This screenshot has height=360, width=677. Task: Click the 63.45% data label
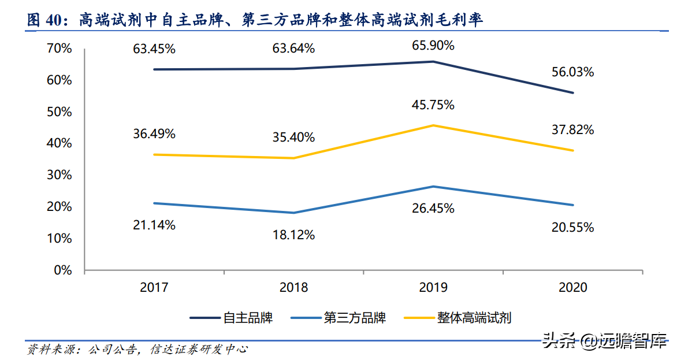[x=154, y=49]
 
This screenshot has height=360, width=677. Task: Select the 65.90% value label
[x=433, y=45]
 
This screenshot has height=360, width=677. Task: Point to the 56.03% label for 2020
[x=573, y=72]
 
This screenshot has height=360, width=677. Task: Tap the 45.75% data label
[x=433, y=105]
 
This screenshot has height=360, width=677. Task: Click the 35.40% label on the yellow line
[x=293, y=138]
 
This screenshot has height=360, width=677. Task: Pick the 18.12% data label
[x=293, y=235]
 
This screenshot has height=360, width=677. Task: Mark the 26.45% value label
[x=433, y=208]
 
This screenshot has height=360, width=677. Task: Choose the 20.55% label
[x=573, y=228]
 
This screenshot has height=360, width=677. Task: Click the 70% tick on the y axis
[x=59, y=49]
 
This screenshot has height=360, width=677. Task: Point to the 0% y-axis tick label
[x=63, y=270]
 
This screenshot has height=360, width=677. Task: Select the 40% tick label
[x=59, y=143]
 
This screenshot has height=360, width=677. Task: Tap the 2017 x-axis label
[x=154, y=288]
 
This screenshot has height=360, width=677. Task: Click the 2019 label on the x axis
[x=433, y=288]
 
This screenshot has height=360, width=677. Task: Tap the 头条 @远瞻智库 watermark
[x=604, y=341]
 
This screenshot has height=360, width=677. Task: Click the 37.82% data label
[x=573, y=130]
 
